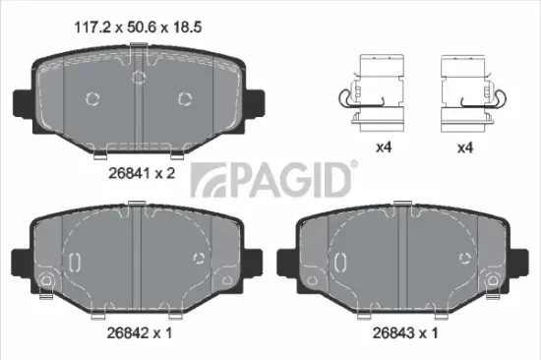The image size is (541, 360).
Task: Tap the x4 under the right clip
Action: (466, 150)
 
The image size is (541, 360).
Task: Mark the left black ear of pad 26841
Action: (21, 101)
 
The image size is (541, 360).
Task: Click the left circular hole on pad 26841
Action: (93, 98)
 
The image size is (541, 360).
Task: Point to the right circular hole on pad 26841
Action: (184, 97)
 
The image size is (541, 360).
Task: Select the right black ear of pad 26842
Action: (253, 263)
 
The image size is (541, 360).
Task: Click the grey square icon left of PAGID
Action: (206, 183)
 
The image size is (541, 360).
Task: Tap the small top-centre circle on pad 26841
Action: (139, 76)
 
